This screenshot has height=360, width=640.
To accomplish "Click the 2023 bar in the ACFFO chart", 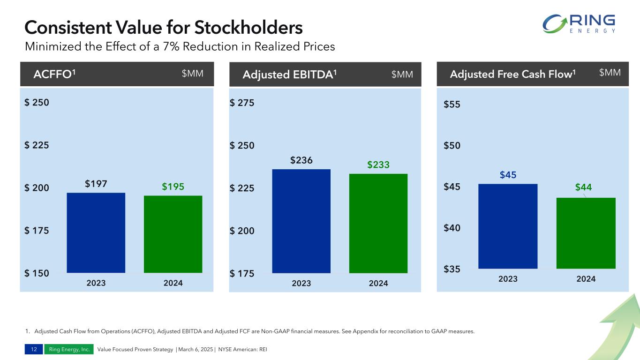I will (x=96, y=232).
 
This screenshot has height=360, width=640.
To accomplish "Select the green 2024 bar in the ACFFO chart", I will (x=173, y=234).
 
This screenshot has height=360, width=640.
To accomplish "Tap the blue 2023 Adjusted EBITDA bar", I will (x=301, y=221).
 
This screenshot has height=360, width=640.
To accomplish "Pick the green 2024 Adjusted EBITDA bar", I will (x=378, y=223).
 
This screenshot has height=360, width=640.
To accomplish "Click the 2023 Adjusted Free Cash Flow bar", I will (x=508, y=226).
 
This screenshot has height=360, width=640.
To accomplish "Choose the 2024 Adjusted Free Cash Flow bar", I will (x=586, y=233).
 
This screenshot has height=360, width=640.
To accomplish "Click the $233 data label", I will (x=378, y=165).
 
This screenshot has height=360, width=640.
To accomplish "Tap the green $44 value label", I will (x=583, y=187).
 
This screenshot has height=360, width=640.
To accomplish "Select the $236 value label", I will (x=301, y=160).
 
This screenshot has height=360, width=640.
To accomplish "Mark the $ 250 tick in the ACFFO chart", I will (x=37, y=103).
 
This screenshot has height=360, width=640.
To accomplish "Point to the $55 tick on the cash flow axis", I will (x=452, y=105).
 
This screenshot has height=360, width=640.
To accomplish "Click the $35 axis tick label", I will (x=452, y=270).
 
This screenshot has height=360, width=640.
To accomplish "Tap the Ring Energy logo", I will (x=578, y=24).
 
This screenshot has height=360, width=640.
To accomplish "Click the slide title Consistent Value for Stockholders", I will (x=164, y=28).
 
